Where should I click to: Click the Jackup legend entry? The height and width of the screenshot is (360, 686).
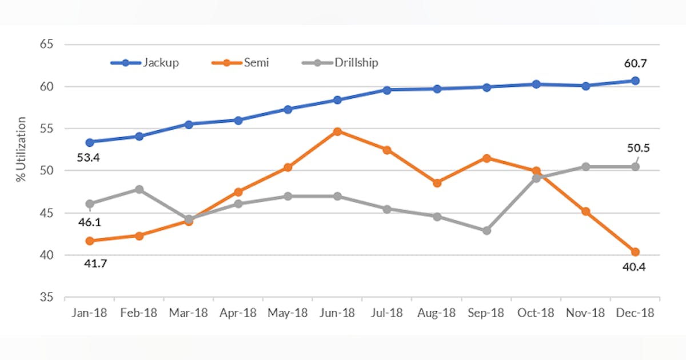click(146, 63)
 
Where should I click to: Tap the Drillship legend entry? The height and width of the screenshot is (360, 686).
click(340, 63)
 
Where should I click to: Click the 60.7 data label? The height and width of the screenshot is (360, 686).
click(635, 63)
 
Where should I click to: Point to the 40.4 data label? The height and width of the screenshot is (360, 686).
click(635, 267)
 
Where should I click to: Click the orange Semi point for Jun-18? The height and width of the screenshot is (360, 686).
click(337, 131)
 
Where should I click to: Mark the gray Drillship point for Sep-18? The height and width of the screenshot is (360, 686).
click(486, 231)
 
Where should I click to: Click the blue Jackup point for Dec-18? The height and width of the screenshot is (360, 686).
click(635, 81)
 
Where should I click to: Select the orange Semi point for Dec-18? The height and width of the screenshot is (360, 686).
click(635, 252)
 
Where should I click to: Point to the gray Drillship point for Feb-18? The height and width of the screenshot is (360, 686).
click(139, 189)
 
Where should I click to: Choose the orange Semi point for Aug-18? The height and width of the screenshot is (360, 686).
click(437, 183)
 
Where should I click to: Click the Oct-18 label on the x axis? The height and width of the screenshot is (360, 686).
click(536, 313)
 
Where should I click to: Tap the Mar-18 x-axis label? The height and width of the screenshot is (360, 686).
click(189, 313)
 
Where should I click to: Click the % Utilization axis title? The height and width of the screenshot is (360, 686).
click(22, 150)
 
